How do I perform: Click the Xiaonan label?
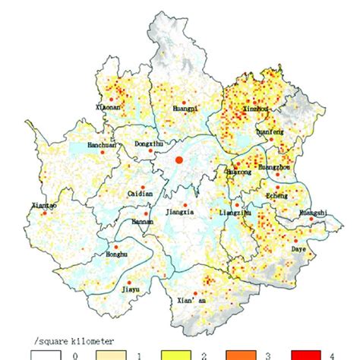[x=111, y=109]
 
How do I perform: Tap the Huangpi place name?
[x=185, y=108]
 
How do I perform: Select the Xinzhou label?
[x=254, y=109]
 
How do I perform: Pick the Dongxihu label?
[x=148, y=143]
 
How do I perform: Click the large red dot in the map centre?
[x=179, y=160]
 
